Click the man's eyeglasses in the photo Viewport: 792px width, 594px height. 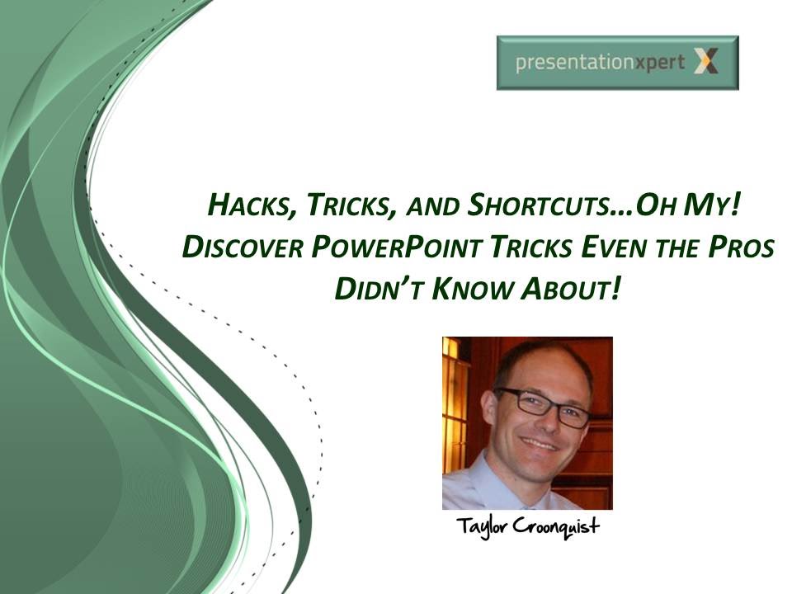[x=544, y=405]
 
